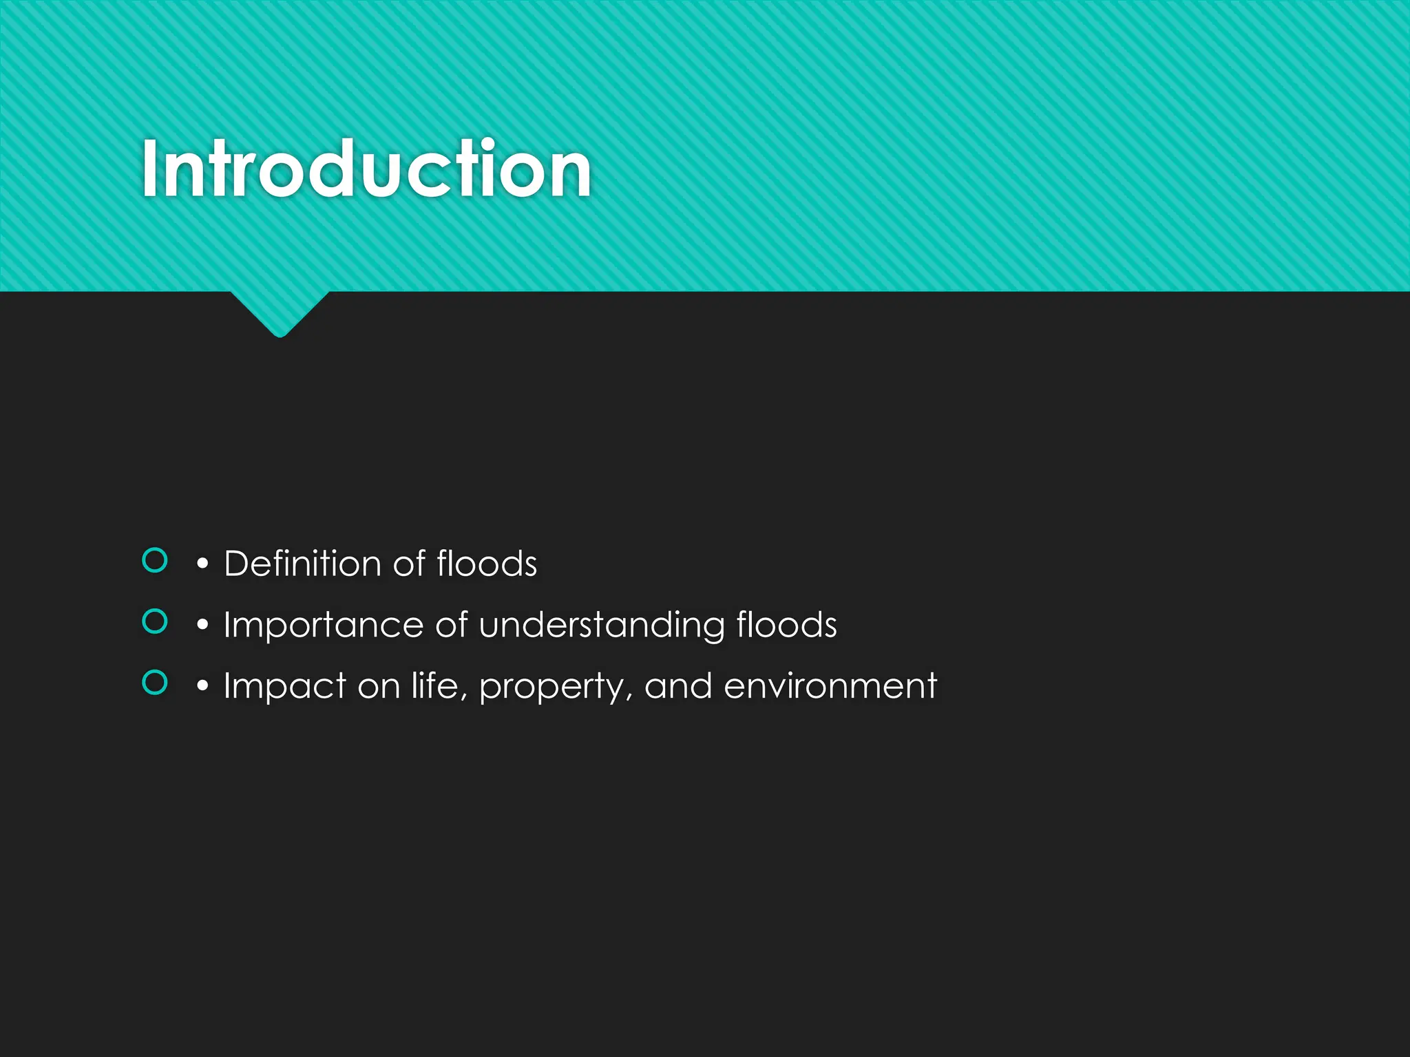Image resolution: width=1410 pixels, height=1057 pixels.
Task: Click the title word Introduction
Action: [x=366, y=169]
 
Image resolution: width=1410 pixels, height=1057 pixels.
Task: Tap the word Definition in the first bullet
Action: [x=302, y=564]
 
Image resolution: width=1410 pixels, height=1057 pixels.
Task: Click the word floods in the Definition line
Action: [x=487, y=564]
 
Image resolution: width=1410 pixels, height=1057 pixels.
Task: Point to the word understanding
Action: [x=602, y=626]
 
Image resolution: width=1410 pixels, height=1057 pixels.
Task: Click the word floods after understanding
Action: [x=786, y=625]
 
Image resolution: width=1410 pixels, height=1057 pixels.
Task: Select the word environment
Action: [x=830, y=686]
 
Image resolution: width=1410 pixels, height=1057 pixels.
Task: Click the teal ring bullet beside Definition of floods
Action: [x=155, y=560]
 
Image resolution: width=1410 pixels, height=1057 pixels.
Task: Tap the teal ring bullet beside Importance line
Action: [x=155, y=621]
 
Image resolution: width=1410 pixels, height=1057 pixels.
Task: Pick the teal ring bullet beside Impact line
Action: [x=155, y=683]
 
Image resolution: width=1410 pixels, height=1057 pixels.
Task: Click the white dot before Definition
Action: [x=202, y=564]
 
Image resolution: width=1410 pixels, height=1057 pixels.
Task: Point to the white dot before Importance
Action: [x=202, y=626]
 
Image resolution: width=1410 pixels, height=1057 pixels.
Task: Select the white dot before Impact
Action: [x=202, y=687]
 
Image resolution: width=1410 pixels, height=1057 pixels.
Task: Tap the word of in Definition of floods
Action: [x=409, y=564]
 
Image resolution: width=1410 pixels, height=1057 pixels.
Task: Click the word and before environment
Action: [x=678, y=686]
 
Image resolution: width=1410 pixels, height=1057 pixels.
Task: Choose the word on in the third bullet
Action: [x=379, y=687]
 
